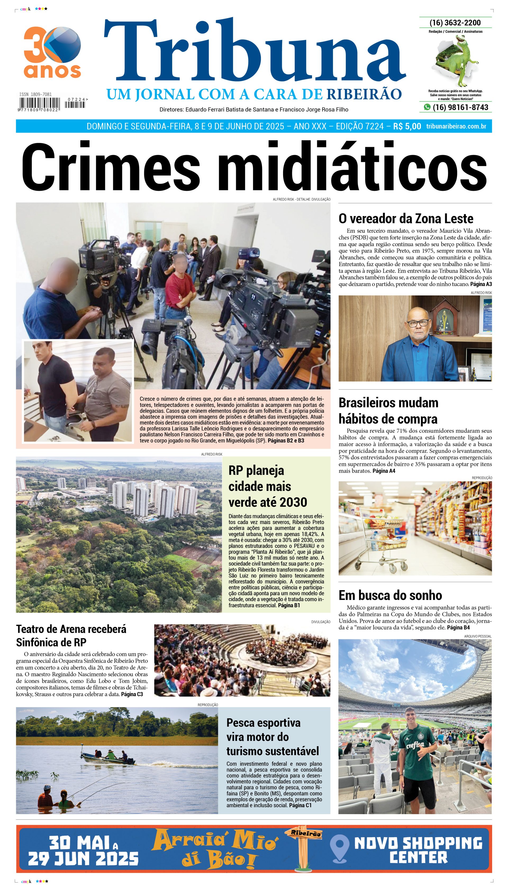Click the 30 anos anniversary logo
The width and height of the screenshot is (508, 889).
point(52,52)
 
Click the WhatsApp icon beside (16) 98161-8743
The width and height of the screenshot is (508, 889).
point(427,107)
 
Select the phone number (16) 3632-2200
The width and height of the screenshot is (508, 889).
point(455,23)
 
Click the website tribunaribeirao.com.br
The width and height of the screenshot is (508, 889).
point(456,126)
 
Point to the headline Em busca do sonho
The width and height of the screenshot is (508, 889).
point(390,595)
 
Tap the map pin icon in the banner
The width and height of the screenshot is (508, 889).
point(339,848)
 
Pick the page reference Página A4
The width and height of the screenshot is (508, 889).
point(384,471)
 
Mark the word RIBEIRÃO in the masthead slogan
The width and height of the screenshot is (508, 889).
point(364,94)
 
